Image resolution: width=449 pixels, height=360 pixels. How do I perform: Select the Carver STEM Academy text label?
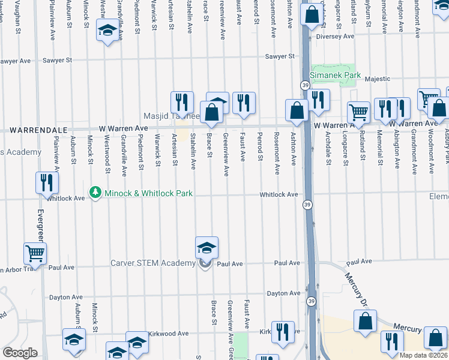pyautogui.click(x=153, y=263)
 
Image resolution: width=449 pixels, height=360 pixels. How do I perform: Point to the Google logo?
pyautogui.click(x=19, y=353)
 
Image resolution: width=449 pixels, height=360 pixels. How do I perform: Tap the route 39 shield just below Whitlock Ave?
pyautogui.click(x=307, y=205)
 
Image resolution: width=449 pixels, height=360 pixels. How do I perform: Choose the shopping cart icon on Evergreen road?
pyautogui.click(x=35, y=254)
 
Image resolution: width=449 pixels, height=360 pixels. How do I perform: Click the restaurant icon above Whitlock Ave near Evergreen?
pyautogui.click(x=47, y=184)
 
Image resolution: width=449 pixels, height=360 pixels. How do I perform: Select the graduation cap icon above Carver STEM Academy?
pyautogui.click(x=206, y=247)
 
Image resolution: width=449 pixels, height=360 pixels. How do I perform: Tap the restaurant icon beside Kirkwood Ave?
pyautogui.click(x=283, y=332)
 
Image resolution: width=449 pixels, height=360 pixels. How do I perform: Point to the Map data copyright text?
pyautogui.click(x=424, y=354)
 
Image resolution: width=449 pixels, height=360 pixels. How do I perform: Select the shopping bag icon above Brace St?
pyautogui.click(x=211, y=112)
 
